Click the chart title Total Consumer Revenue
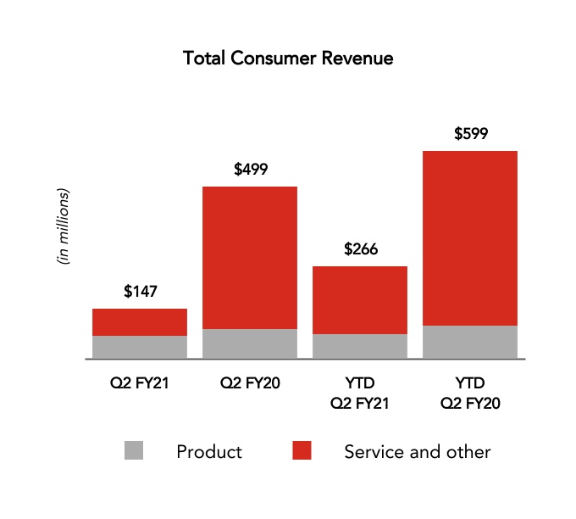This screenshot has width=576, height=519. [x=288, y=59]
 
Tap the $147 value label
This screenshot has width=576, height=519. [x=140, y=292]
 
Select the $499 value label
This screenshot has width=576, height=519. [x=251, y=169]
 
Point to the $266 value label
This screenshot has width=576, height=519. [x=361, y=249]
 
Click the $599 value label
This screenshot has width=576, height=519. [x=471, y=133]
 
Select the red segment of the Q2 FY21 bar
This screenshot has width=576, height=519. [x=140, y=322]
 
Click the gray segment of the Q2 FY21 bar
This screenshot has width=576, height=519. [x=140, y=347]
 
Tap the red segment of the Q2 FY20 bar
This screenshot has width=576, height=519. [x=250, y=257]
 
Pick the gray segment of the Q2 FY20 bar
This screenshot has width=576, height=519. [x=250, y=343]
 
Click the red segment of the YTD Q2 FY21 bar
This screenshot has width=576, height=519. [x=360, y=300]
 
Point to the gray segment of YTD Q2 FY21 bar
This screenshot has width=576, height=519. [x=360, y=346]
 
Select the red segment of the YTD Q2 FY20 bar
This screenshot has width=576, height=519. [x=470, y=237]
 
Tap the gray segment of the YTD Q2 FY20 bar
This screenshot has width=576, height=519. [x=470, y=342]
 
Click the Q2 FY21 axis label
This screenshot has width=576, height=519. [x=140, y=383]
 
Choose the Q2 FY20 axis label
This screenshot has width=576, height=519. [x=250, y=383]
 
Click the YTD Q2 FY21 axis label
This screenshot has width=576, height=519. [x=360, y=393]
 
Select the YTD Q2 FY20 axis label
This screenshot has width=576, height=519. [x=470, y=393]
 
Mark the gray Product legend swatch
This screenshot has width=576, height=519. [x=134, y=451]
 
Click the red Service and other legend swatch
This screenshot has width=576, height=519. [x=302, y=451]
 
